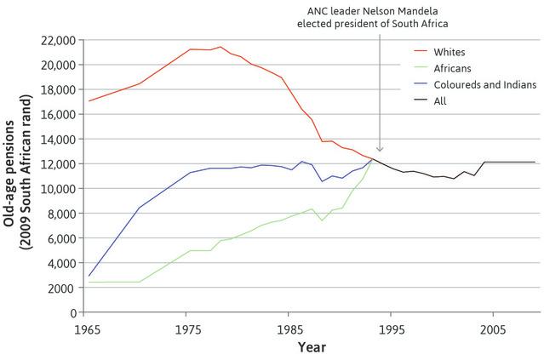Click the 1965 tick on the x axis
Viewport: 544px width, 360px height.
coord(85,329)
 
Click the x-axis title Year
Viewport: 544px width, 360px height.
coord(311,347)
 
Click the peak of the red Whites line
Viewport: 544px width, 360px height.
coord(220,47)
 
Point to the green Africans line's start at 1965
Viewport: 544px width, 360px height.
coord(88,282)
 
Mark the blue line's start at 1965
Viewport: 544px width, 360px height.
coord(88,276)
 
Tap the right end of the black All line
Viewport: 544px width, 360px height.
coord(535,162)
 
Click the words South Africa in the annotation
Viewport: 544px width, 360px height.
coord(419,23)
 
